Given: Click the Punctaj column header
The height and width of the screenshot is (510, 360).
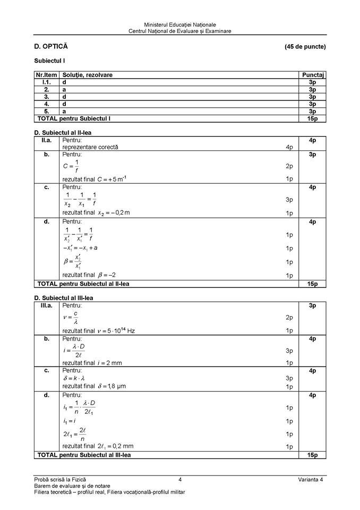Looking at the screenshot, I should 313,75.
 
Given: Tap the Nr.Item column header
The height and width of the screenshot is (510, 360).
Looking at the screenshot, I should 47,75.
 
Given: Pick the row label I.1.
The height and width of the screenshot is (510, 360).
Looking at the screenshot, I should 47,83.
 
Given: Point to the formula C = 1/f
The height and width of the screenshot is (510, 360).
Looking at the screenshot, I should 71,166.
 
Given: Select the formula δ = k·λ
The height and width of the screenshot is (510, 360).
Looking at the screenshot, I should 75,378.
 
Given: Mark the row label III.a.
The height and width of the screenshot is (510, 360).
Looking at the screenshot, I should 47,306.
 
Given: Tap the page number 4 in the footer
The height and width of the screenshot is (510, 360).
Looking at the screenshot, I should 180,480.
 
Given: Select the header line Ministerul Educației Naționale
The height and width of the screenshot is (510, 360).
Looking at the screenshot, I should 180,25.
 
